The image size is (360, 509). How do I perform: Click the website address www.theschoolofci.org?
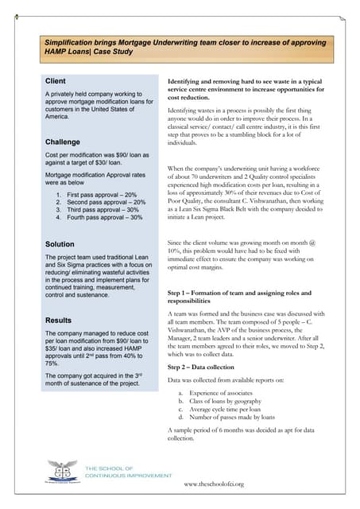tap(213, 484)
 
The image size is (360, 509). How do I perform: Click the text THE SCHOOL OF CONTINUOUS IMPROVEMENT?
tap(128, 472)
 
